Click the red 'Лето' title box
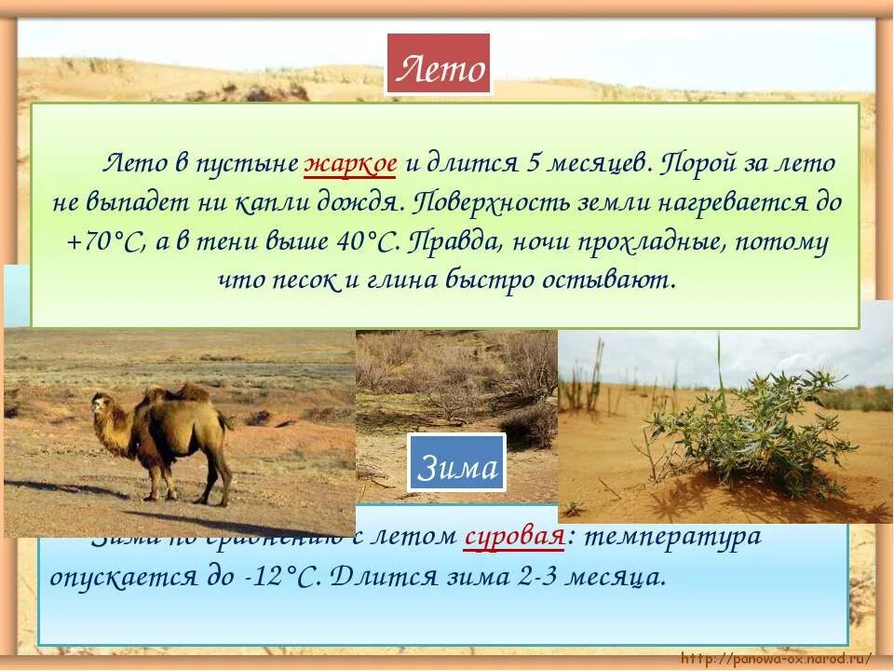click(439, 64)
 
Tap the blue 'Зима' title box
click(456, 463)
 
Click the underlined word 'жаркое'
click(351, 163)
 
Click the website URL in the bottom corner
click(777, 658)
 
